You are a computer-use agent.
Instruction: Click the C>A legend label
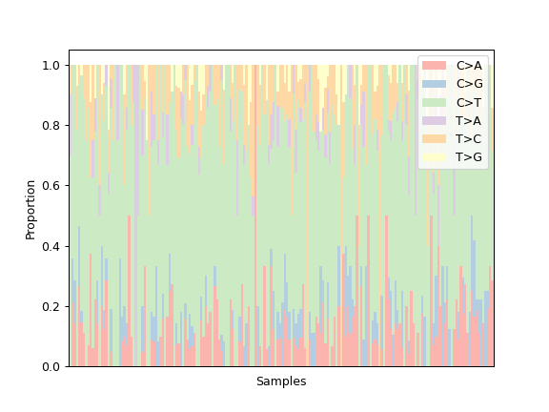point(469,66)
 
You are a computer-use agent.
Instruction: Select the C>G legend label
point(470,84)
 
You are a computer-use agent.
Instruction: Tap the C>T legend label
point(469,103)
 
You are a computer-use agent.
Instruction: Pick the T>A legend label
point(468,121)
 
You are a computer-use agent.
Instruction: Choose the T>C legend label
point(469,139)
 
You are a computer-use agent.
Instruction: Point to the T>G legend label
point(469,157)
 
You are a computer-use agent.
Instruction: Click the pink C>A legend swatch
point(435,66)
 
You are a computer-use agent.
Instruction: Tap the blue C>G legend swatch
point(435,84)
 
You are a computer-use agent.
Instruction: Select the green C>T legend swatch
point(435,103)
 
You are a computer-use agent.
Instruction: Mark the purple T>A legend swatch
point(435,121)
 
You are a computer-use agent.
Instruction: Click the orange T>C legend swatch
point(435,139)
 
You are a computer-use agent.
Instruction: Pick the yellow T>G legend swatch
point(435,157)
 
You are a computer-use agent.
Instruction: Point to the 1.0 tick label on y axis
point(51,66)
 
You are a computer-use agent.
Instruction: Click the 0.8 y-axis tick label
point(51,126)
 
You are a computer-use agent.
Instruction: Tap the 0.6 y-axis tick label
point(51,186)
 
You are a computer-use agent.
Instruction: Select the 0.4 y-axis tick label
point(51,246)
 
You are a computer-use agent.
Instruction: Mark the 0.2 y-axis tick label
point(51,306)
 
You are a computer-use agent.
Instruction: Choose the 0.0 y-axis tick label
point(51,367)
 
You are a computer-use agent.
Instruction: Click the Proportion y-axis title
point(30,210)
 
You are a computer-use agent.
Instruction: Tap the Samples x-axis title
point(281,381)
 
